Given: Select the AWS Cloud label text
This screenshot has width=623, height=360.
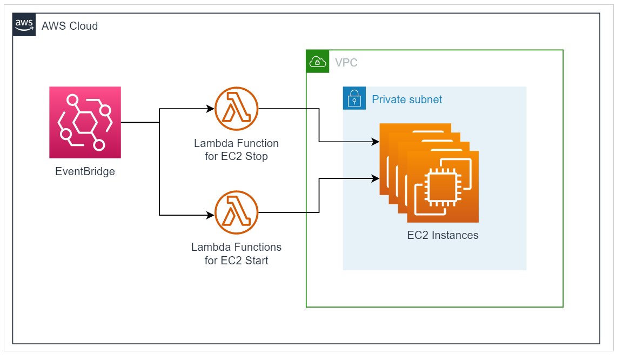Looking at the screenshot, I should tap(70, 26).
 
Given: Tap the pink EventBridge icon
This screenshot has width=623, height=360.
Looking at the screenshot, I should tap(85, 122).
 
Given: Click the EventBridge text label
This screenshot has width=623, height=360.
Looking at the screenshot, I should tap(85, 172).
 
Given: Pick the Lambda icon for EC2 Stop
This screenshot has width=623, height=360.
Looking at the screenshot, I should tap(236, 109).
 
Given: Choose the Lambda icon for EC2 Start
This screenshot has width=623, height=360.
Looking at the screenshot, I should tap(236, 212).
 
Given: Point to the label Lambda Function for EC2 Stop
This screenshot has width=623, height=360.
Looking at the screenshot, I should tap(236, 150).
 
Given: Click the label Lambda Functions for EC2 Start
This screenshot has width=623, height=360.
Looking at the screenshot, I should tap(236, 254).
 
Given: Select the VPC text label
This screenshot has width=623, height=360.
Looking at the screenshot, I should tap(346, 63).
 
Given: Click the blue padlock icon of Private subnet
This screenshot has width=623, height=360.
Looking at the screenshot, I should tap(354, 98).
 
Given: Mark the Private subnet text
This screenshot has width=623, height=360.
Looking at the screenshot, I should tap(407, 99).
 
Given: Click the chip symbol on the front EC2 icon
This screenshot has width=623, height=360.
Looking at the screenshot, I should tap(442, 186).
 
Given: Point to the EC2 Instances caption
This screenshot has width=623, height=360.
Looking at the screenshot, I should tap(443, 236).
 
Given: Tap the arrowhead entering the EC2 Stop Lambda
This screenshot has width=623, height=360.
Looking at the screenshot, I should tap(211, 109).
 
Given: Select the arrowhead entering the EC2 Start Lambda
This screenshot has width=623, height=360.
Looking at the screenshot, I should tap(211, 216).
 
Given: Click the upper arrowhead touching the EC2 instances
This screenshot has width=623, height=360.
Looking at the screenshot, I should tap(376, 142).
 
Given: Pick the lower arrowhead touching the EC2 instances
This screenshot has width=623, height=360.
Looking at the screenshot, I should tap(376, 177).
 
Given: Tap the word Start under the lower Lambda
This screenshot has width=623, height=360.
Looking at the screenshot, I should tap(256, 261).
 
